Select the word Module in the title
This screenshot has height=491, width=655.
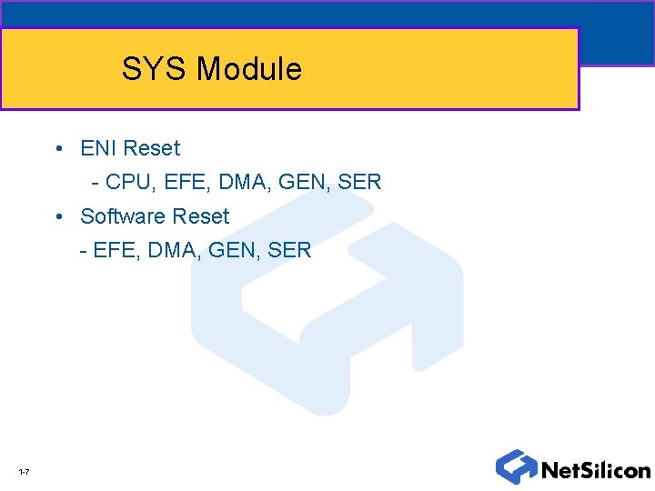click(248, 69)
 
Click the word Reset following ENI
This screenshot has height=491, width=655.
click(151, 148)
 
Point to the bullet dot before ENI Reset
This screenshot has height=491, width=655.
click(57, 149)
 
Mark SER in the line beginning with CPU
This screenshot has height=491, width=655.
click(360, 183)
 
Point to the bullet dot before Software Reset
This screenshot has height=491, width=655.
click(57, 217)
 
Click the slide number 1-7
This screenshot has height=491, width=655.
click(24, 472)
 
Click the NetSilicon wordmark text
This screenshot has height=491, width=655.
click(595, 470)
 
